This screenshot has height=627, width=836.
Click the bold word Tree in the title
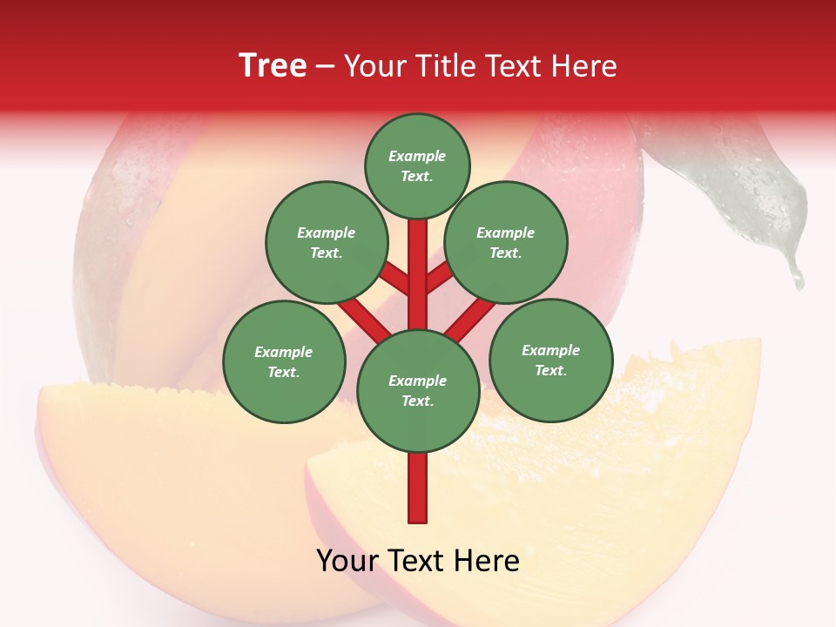pos(273,66)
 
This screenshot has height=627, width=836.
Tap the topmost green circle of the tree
pos(417,165)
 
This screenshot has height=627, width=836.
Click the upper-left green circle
pos(326,242)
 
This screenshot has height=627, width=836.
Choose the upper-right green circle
pos(506,242)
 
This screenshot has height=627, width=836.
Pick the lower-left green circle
pos(284,361)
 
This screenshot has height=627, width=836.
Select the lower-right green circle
pos(550,360)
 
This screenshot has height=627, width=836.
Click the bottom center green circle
pos(418,391)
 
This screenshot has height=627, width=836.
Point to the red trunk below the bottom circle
pos(418,488)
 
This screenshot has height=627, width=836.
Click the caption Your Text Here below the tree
pos(418,561)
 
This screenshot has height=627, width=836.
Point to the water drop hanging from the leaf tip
pos(795,277)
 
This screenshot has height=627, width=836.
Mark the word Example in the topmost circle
pos(417,157)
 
